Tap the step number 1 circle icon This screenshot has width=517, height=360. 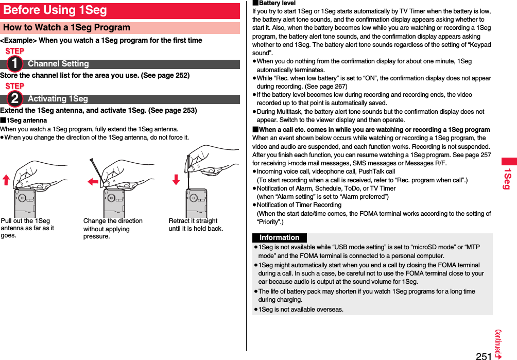point(14,63)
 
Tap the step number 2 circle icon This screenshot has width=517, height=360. point(14,98)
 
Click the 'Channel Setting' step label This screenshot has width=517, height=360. point(58,64)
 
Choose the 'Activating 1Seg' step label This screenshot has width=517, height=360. point(58,99)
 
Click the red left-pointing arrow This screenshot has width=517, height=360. point(93,182)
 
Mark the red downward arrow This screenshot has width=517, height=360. point(176,179)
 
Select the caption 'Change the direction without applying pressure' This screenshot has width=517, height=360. point(113,229)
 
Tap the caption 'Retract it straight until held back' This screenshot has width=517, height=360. point(196,225)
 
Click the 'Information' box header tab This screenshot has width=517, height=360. point(279,238)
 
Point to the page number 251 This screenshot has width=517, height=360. point(483,355)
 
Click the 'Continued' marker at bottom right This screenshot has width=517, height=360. point(498,344)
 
